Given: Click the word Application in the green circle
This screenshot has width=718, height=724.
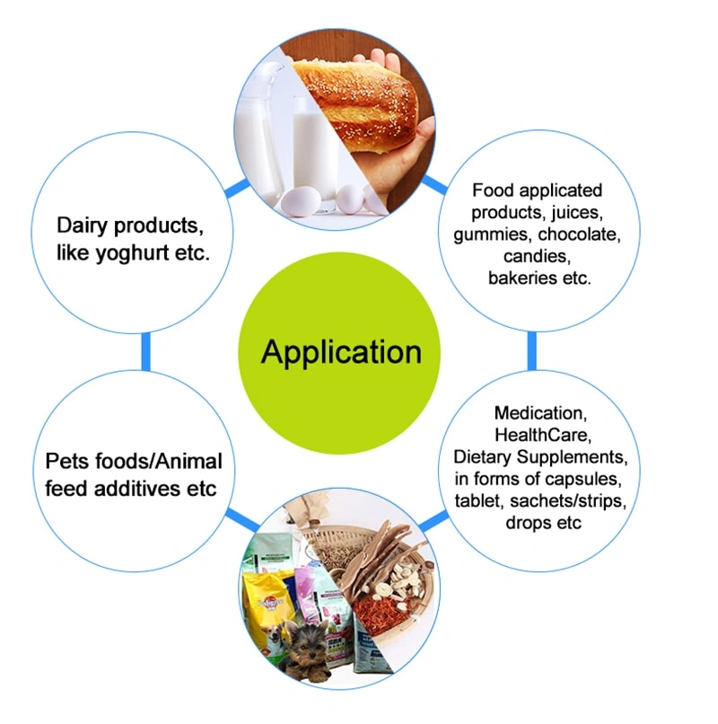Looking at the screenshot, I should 341,351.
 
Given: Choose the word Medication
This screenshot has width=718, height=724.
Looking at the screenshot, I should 540,413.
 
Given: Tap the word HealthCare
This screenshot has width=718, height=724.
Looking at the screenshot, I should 540,436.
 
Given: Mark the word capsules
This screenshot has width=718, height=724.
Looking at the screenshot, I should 593,479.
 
